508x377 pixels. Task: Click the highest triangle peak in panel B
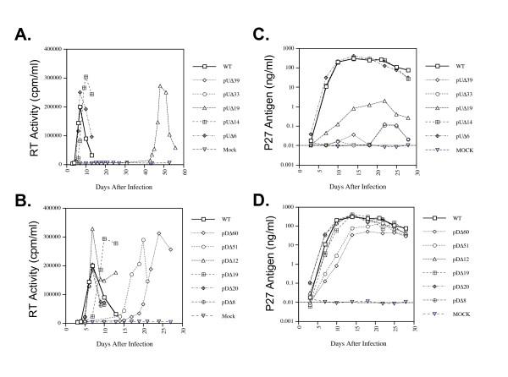pyautogui.click(x=92, y=228)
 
